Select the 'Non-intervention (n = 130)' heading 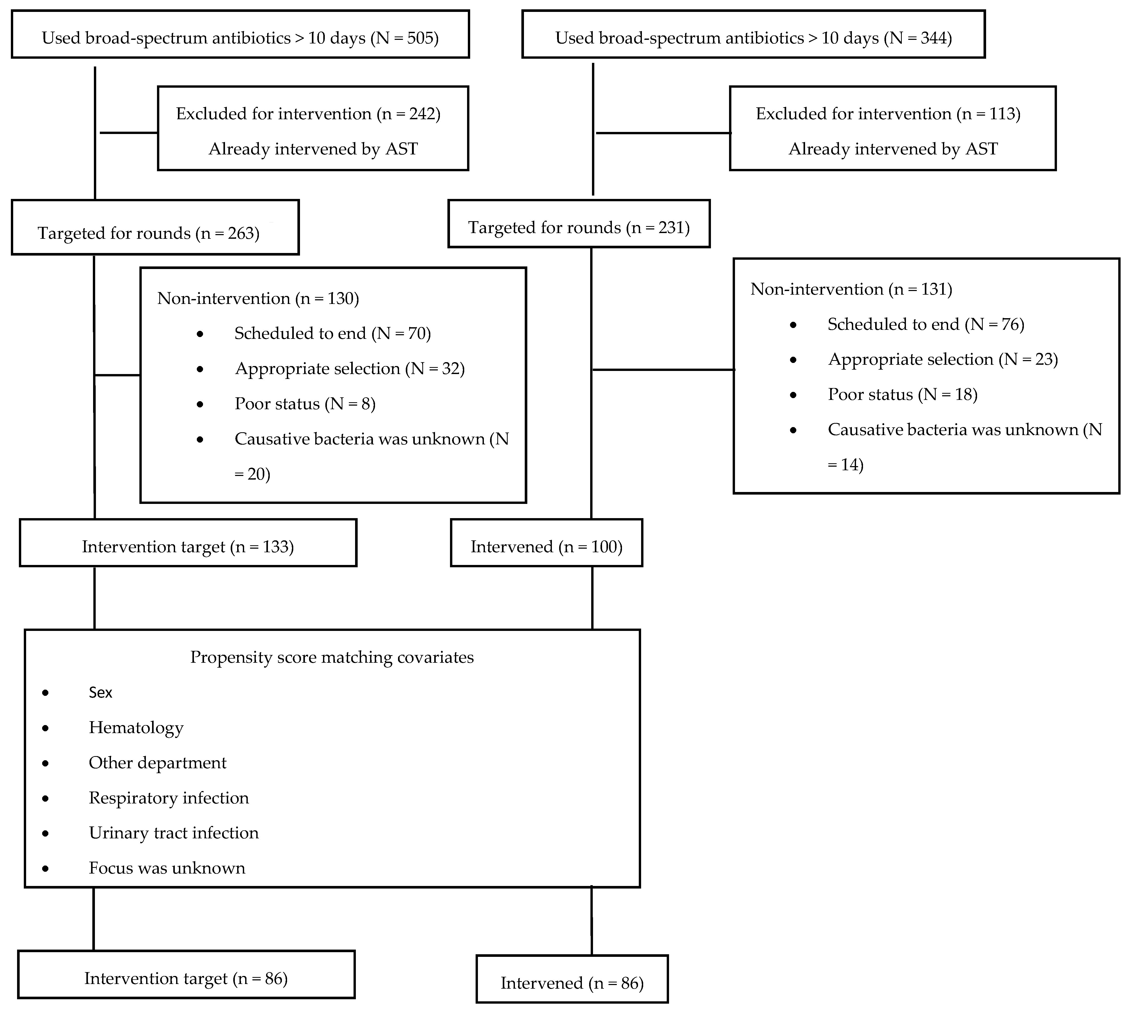coord(258,299)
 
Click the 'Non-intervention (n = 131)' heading coord(851,289)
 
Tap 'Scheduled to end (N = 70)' coord(333,333)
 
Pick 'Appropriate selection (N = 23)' coord(942,359)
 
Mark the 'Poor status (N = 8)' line coord(305,404)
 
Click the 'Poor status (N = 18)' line coord(902,394)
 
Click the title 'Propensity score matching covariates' coord(332,658)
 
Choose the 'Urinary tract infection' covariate coord(174,833)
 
